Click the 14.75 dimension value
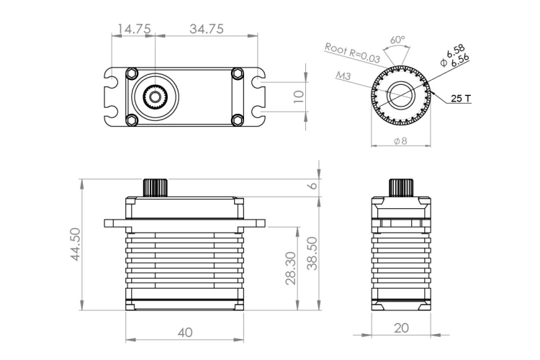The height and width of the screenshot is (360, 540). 134,29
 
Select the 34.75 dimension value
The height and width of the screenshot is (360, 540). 207,29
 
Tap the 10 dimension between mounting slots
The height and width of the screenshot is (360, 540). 299,96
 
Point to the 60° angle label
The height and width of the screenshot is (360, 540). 397,40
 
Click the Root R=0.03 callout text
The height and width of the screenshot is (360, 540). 352,53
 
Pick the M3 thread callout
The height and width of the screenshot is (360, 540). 343,75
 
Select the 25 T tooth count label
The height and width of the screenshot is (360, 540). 461,99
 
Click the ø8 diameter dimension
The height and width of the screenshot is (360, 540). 400,141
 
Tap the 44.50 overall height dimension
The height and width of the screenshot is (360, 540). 75,244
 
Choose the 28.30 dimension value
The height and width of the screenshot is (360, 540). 291,268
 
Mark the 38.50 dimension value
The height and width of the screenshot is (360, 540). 312,253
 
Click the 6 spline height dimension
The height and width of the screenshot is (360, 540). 312,185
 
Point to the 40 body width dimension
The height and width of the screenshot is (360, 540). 185,333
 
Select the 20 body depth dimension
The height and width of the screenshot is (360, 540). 401,328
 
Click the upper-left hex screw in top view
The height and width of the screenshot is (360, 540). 132,73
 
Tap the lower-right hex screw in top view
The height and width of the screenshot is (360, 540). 238,120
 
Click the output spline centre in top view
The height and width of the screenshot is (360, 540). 156,96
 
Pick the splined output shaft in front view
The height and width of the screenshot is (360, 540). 156,188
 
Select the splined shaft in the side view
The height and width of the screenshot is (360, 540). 401,188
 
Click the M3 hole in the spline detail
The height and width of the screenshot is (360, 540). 400,94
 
